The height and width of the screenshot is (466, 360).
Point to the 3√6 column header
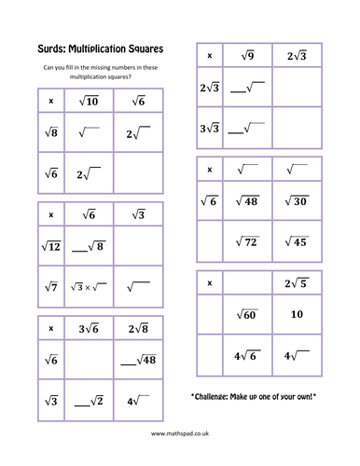click(x=89, y=327)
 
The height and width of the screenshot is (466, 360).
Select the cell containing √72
click(x=249, y=242)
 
